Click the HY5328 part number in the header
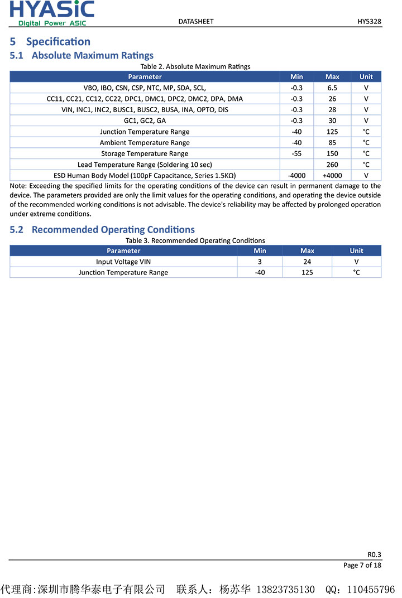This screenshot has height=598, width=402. click(x=369, y=21)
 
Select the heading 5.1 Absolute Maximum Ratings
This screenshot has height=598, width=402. click(x=82, y=55)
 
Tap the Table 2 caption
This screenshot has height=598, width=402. click(x=195, y=66)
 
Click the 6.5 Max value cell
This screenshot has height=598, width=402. click(x=332, y=88)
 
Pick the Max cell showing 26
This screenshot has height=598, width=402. click(x=332, y=99)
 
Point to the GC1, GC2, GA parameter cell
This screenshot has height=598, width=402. click(x=145, y=120)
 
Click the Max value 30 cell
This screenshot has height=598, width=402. click(x=332, y=120)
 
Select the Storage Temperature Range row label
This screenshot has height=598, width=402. click(x=145, y=153)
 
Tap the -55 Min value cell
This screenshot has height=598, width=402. click(x=296, y=153)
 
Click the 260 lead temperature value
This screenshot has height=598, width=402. click(x=332, y=165)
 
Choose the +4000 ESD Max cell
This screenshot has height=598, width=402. click(x=332, y=175)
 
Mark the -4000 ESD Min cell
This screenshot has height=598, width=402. click(x=296, y=175)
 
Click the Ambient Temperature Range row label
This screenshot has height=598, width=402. click(x=145, y=143)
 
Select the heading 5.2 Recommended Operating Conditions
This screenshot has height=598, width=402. click(x=102, y=229)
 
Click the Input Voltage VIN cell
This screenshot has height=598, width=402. click(x=123, y=262)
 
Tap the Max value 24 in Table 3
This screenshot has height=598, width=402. click(x=307, y=262)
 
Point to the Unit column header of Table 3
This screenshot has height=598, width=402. click(x=356, y=250)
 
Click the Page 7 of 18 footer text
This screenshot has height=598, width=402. click(x=362, y=565)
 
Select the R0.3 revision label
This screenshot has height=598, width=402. click(x=374, y=554)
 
